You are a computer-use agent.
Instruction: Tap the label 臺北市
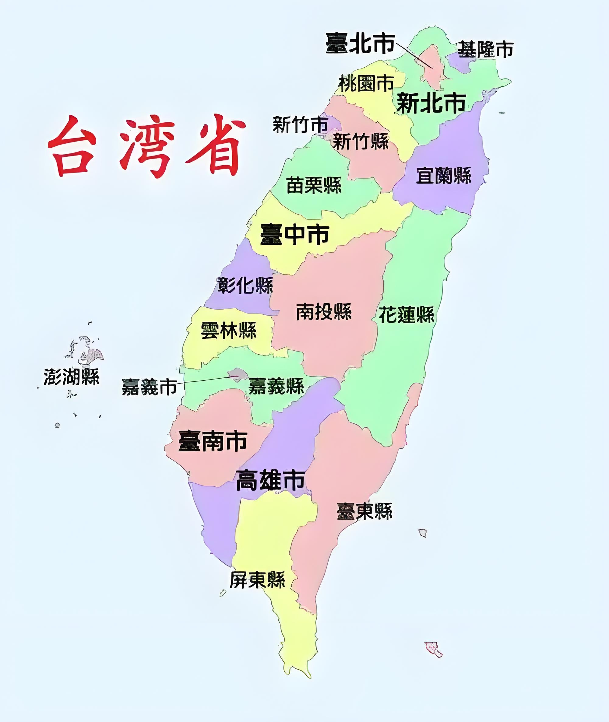coord(360,44)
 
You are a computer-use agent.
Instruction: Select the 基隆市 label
coord(485,49)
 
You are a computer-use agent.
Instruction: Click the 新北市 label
coord(431,103)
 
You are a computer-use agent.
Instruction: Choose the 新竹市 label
coord(300,124)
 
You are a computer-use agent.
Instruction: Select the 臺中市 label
coord(294,234)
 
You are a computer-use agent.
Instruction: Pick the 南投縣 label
coord(324,312)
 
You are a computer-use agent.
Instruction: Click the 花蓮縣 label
coord(406,314)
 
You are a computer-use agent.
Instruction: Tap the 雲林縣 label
coord(229,330)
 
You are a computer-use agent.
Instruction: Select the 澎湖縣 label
coord(72,377)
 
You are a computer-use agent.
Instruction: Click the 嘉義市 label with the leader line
coord(150,387)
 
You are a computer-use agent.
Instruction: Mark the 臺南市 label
coord(213,441)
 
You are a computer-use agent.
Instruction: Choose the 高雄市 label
coord(270,480)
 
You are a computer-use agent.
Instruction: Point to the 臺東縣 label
coord(364,511)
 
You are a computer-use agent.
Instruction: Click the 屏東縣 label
coord(258,580)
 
